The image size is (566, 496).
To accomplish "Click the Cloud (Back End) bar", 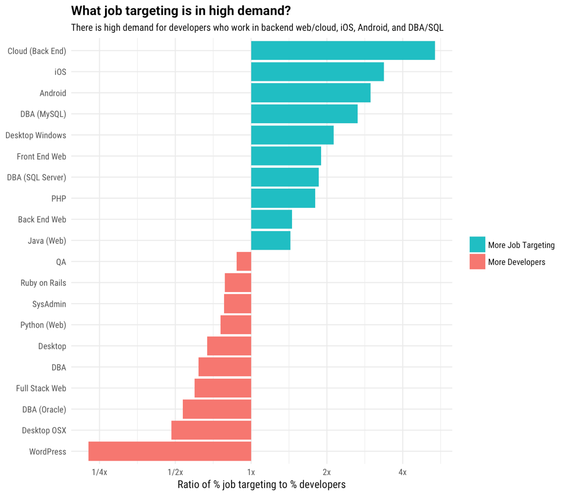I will click(343, 51).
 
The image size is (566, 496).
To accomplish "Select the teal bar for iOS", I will click(317, 72).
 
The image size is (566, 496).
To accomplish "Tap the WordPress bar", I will click(170, 451).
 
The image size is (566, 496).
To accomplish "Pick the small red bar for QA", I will click(244, 261).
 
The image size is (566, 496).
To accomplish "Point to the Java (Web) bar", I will click(271, 240).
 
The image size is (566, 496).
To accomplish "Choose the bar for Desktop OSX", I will click(211, 430).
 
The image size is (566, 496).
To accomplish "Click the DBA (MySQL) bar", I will click(304, 114).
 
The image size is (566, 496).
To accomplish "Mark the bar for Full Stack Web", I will click(223, 388).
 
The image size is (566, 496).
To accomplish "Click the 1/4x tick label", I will click(99, 472).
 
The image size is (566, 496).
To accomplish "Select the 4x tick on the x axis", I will click(402, 472).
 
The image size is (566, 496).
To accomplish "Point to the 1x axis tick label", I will click(251, 472).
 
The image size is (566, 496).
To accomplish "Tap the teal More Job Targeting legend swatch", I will click(477, 245).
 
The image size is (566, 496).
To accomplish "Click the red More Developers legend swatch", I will click(477, 262).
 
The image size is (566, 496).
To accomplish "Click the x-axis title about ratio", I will click(261, 484).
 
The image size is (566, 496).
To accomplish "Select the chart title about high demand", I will click(181, 11).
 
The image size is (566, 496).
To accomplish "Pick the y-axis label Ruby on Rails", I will click(44, 283).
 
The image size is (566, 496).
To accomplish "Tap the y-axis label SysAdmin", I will click(49, 304).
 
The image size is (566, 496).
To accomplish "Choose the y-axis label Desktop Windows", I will click(36, 135).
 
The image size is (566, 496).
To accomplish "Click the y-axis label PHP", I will click(59, 199).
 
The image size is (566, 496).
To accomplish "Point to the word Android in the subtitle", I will click(374, 28).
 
